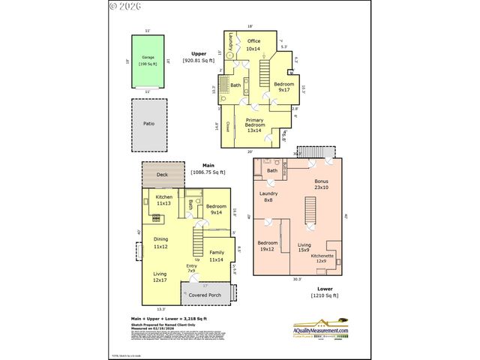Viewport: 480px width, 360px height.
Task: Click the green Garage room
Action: point(148,61)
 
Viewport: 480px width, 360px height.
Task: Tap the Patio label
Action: point(148,123)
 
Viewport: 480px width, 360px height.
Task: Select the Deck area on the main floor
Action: point(163,175)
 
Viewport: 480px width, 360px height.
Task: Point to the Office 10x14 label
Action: point(253,44)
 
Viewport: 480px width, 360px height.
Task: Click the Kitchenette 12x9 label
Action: point(322,258)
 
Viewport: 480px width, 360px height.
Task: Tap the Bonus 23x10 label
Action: point(322,184)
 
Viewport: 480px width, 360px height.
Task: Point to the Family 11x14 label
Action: point(216,256)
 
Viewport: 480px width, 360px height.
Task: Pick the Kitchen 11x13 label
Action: point(164,200)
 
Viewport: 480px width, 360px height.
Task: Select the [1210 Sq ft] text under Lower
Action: point(325,295)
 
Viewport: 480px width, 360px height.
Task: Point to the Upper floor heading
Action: point(198,54)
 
